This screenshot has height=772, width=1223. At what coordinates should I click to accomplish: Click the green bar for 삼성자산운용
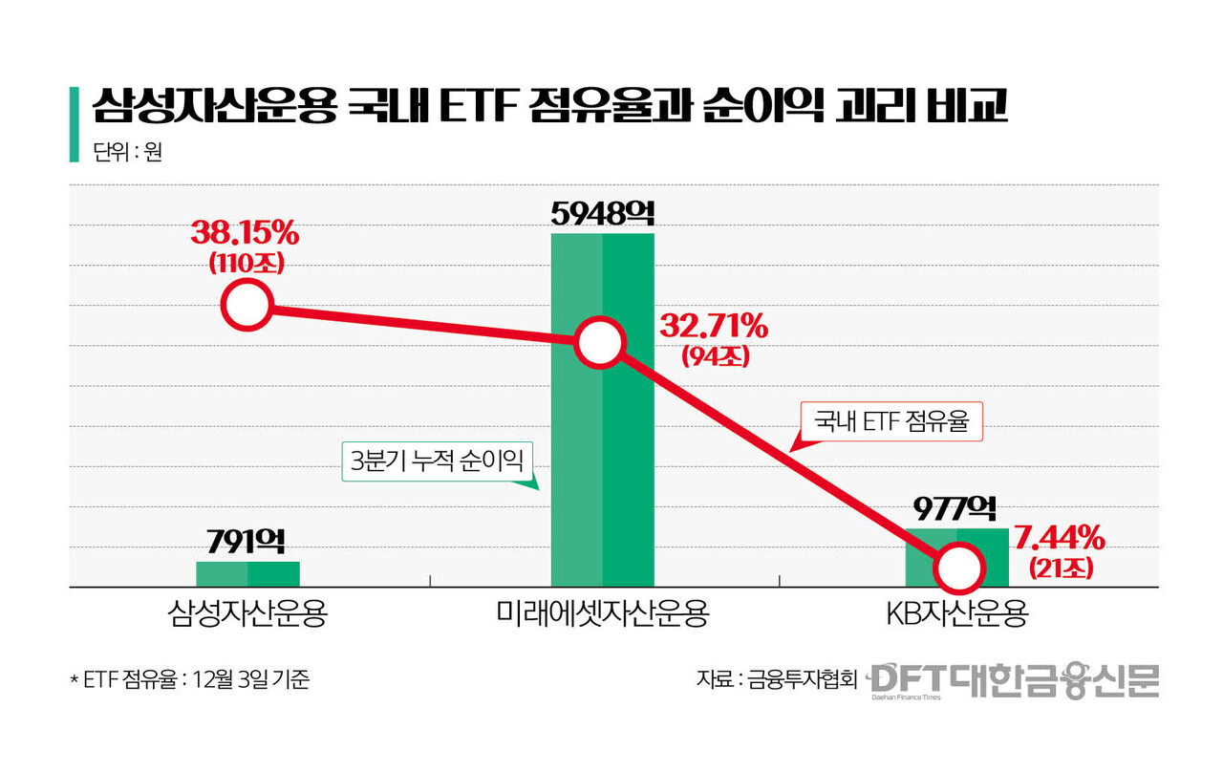click(247, 573)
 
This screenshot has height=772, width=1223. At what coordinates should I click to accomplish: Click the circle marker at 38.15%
click(247, 306)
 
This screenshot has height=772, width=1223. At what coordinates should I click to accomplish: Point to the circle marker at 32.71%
click(599, 343)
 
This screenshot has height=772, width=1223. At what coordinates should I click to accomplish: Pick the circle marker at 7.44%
click(957, 568)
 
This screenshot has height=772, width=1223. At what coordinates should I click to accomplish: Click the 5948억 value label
click(602, 213)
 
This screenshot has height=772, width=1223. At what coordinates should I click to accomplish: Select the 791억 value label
click(247, 543)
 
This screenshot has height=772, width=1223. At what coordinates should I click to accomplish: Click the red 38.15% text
click(245, 233)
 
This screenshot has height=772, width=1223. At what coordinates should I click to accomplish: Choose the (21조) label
click(1062, 568)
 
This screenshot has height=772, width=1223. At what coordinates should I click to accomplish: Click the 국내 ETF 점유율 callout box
click(890, 421)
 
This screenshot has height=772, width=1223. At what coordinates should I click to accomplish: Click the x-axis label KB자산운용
click(957, 613)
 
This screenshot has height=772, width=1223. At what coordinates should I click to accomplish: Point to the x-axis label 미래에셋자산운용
click(602, 613)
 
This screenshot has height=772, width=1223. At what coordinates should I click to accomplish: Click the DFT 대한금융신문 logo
click(1014, 681)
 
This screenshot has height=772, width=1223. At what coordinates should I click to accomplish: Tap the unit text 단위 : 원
click(127, 153)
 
